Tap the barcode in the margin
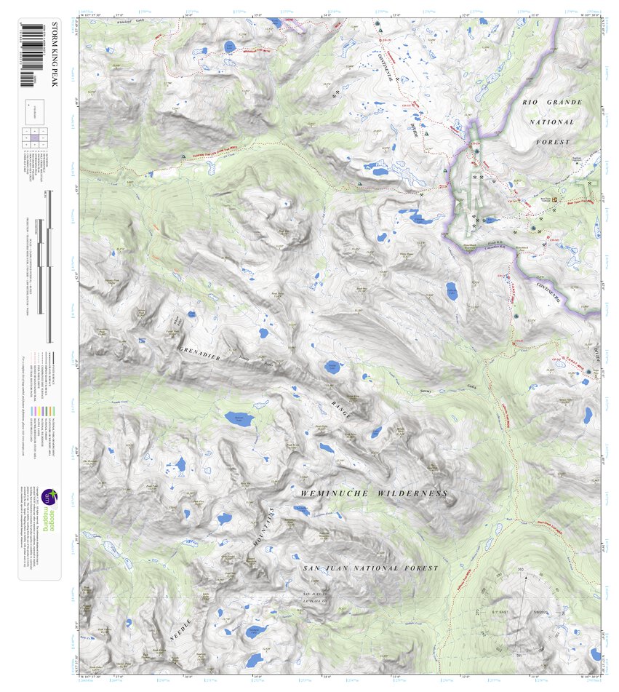pos(31,54)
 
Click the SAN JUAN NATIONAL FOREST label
pos(370,568)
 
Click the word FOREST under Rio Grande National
pos(556,143)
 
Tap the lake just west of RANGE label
pos(332,367)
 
